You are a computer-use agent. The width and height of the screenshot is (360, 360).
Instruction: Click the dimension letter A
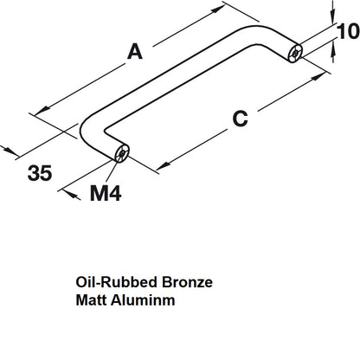134,52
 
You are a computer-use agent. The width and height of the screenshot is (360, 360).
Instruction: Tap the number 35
39,173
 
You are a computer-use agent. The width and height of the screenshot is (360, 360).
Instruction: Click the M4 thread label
106,193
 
